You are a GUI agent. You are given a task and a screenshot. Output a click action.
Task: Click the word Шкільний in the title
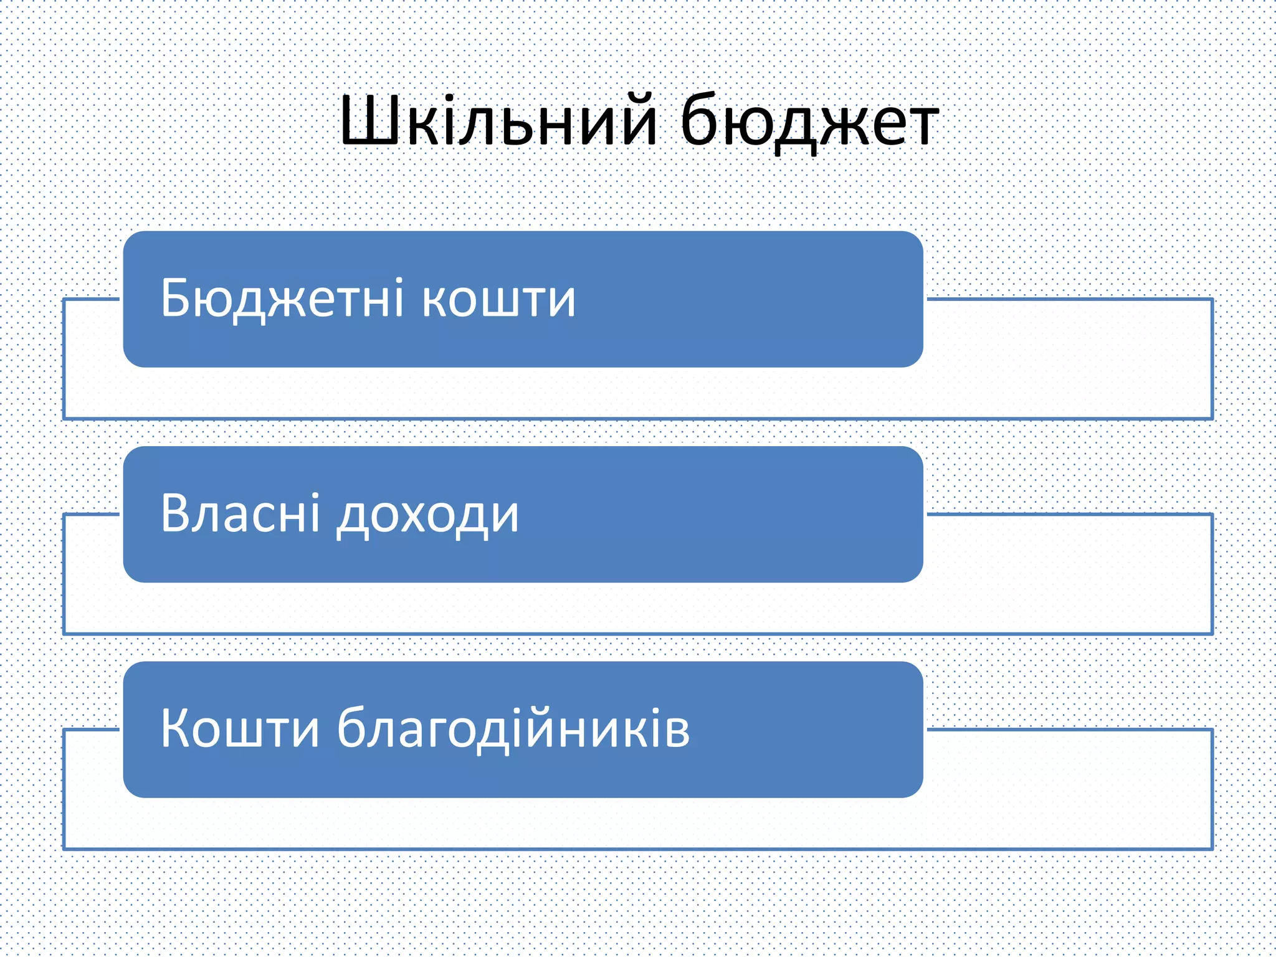(498, 121)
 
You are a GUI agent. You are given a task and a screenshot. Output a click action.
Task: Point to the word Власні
(240, 514)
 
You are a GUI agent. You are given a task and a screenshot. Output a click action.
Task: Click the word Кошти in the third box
(240, 729)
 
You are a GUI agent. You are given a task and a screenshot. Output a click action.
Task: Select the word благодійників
(513, 729)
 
